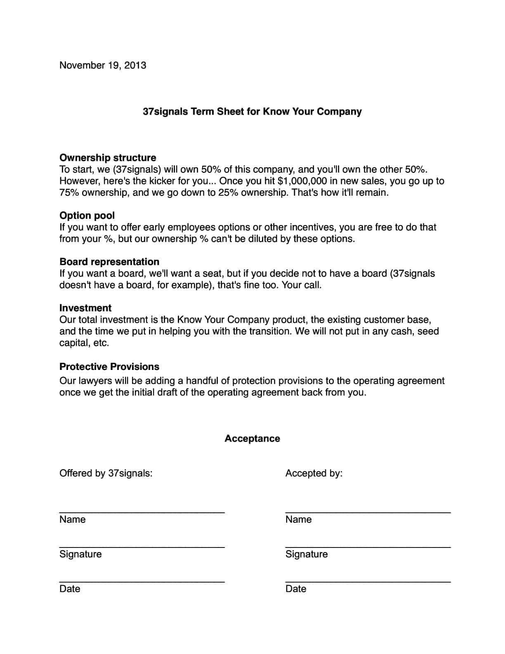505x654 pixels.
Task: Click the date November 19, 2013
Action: tap(103, 65)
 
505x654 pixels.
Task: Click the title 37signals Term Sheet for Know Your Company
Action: tap(252, 111)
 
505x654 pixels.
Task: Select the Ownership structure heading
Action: tap(108, 158)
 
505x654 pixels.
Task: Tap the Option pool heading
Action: tap(87, 216)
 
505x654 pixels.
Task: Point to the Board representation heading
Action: tap(109, 262)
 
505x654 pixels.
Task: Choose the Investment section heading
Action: tap(85, 308)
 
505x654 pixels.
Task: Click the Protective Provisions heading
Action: tap(109, 367)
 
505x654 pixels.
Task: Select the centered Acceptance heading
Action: tap(252, 438)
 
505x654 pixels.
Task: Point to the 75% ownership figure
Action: tap(69, 192)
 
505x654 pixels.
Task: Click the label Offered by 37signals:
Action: tap(106, 473)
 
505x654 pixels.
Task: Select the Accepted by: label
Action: tap(314, 473)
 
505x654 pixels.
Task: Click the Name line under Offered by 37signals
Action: tap(142, 512)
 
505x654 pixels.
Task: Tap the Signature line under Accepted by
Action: tap(368, 547)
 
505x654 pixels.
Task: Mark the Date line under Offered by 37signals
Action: tap(142, 581)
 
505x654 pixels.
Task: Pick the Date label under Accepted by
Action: tap(296, 589)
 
